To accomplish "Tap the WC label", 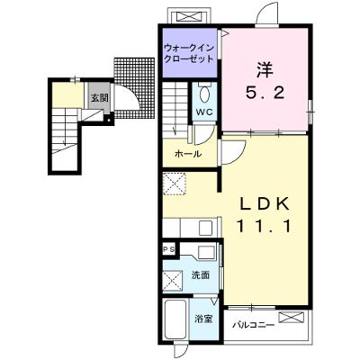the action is tap(204, 112).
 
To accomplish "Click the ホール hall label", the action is tap(188, 154).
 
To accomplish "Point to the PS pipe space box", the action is tap(170, 249).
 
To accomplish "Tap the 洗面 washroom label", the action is tap(201, 275).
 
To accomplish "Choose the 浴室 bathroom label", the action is tap(203, 319).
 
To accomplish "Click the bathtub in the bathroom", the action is tap(176, 319).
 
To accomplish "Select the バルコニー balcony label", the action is tap(254, 325).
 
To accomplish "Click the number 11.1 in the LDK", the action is tap(265, 227).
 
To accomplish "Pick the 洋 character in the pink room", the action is tap(265, 70).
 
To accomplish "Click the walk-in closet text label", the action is tap(189, 53).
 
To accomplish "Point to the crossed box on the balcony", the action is tap(292, 318).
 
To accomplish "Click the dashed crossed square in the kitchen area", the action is tap(175, 184).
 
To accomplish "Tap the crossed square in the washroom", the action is tap(172, 281).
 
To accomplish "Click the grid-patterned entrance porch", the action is tap(134, 88).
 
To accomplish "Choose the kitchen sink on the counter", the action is tap(206, 228).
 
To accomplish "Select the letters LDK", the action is tap(265, 205).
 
